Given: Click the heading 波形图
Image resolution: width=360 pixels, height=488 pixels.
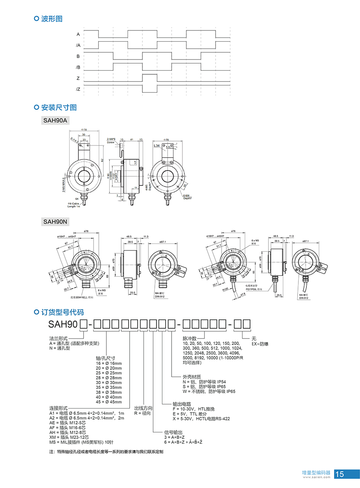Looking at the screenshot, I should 52,18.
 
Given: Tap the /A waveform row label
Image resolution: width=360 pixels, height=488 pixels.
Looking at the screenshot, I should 78,45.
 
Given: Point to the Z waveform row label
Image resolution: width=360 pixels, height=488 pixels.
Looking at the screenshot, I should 78,78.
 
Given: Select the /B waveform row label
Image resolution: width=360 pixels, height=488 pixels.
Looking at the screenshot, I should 78,67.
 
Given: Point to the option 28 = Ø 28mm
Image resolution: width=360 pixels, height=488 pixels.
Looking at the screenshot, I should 109,378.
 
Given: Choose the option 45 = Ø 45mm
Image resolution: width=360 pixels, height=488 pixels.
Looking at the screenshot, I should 109,402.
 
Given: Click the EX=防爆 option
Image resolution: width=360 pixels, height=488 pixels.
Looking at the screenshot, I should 260,343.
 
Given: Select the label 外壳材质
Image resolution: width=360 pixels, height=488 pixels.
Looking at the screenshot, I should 192,377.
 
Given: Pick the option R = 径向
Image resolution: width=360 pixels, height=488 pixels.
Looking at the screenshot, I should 143,413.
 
